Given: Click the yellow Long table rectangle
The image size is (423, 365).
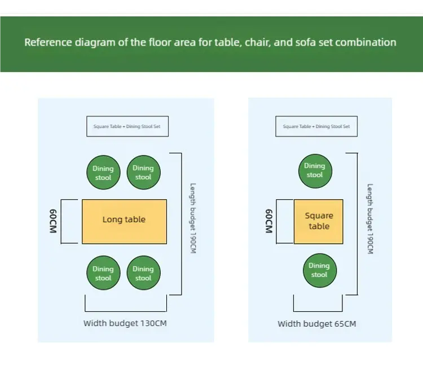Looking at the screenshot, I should click(x=124, y=221).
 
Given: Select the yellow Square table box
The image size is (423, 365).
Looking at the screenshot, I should click(x=319, y=221).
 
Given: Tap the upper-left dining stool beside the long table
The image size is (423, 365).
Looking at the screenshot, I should click(x=103, y=173).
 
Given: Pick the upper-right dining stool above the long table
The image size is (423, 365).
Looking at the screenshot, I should click(x=143, y=173).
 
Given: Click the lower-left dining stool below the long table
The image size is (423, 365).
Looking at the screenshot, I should click(x=103, y=273).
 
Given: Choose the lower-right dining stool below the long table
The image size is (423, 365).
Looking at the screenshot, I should click(x=143, y=273).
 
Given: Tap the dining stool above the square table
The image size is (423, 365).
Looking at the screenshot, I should click(x=315, y=170).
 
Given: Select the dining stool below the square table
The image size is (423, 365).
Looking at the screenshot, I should click(x=319, y=270).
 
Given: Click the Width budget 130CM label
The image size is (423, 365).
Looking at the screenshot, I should click(x=125, y=323).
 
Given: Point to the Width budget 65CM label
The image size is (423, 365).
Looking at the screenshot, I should click(x=317, y=324).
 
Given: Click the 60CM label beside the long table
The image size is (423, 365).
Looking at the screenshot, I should click(x=52, y=221).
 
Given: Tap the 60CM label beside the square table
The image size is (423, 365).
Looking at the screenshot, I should click(x=269, y=221).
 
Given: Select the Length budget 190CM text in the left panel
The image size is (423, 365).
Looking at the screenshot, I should click(x=192, y=218).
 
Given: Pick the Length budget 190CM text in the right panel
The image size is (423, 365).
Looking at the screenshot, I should click(x=370, y=218).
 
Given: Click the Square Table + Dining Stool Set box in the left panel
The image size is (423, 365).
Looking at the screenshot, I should click(x=127, y=126).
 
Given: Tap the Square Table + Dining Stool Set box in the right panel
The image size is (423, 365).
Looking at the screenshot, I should click(x=316, y=126).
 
